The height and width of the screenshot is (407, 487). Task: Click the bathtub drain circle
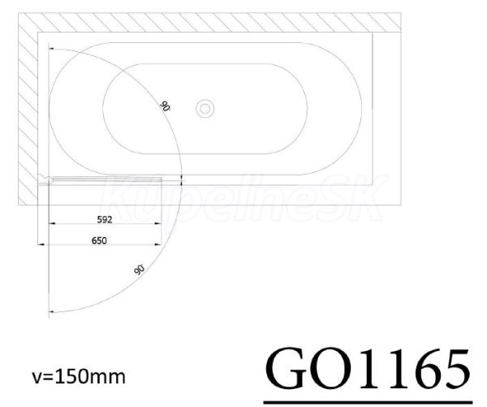click(x=205, y=109)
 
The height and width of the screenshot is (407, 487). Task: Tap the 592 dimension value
click(x=105, y=220)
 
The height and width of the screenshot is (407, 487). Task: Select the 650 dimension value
click(x=99, y=240)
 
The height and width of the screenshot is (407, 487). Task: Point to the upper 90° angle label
click(x=165, y=106)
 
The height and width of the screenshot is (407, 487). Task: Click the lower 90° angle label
click(x=140, y=269)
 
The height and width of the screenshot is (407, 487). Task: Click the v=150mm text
click(x=79, y=377)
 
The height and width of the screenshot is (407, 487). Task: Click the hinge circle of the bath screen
click(x=49, y=180)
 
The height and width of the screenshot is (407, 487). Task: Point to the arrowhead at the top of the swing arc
click(x=52, y=49)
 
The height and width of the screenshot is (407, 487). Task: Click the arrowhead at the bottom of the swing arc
click(x=52, y=311)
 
